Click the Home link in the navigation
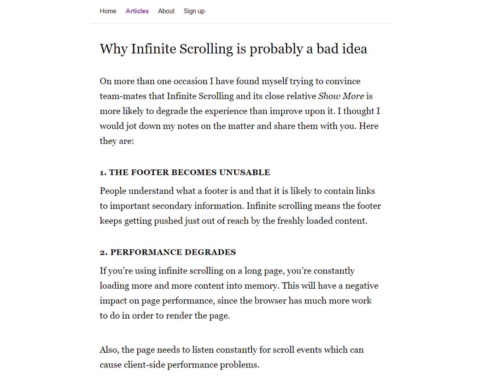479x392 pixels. [108, 11]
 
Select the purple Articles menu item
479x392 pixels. [137, 11]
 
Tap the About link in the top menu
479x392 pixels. [166, 11]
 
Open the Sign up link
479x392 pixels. [194, 11]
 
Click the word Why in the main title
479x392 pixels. [113, 49]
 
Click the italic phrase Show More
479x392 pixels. [341, 96]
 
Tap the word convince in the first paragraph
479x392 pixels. [343, 82]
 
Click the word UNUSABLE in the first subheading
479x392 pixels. [245, 172]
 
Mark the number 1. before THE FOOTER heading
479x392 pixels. [103, 173]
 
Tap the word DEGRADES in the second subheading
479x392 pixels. [211, 252]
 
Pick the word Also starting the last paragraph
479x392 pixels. [110, 350]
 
